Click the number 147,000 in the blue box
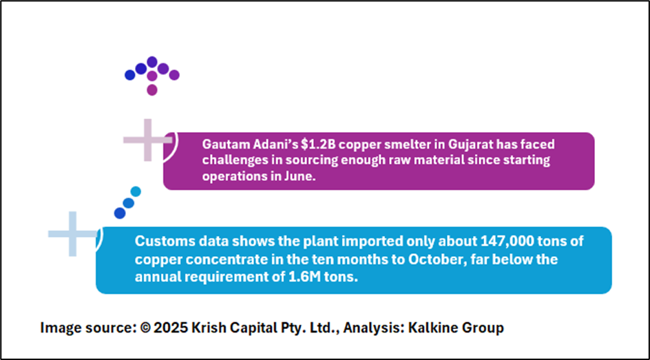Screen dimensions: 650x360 [507, 241]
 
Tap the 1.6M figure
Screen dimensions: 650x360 [304, 276]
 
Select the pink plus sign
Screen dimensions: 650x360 [147, 140]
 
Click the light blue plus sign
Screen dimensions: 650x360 [72, 234]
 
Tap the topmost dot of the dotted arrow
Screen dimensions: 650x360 [152, 62]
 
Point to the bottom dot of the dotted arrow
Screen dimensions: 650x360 [152, 90]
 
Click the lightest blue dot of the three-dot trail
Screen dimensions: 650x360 [136, 191]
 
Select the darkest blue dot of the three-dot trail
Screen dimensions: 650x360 [120, 213]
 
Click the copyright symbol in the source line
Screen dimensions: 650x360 [145, 328]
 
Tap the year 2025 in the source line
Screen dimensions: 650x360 [170, 328]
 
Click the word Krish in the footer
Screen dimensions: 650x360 [209, 328]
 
